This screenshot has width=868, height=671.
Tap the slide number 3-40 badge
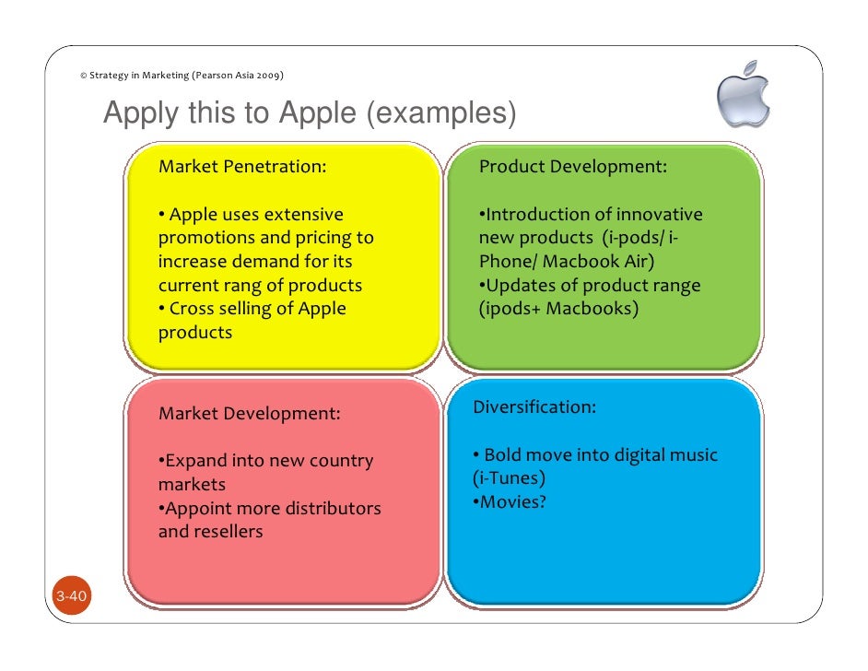point(71,597)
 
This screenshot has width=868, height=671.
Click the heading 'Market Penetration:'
point(242,167)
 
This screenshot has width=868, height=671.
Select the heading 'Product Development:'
point(572,167)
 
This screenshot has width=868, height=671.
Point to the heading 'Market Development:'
point(249,414)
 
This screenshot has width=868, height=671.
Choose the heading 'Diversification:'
point(534,407)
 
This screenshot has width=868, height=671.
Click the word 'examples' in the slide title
point(439,114)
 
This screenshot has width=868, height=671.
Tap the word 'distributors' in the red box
point(333,509)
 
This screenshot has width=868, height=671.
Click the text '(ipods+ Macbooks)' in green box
point(557,309)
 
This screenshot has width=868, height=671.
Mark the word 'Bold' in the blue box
point(503,455)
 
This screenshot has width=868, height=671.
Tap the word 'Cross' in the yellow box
point(193,309)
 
